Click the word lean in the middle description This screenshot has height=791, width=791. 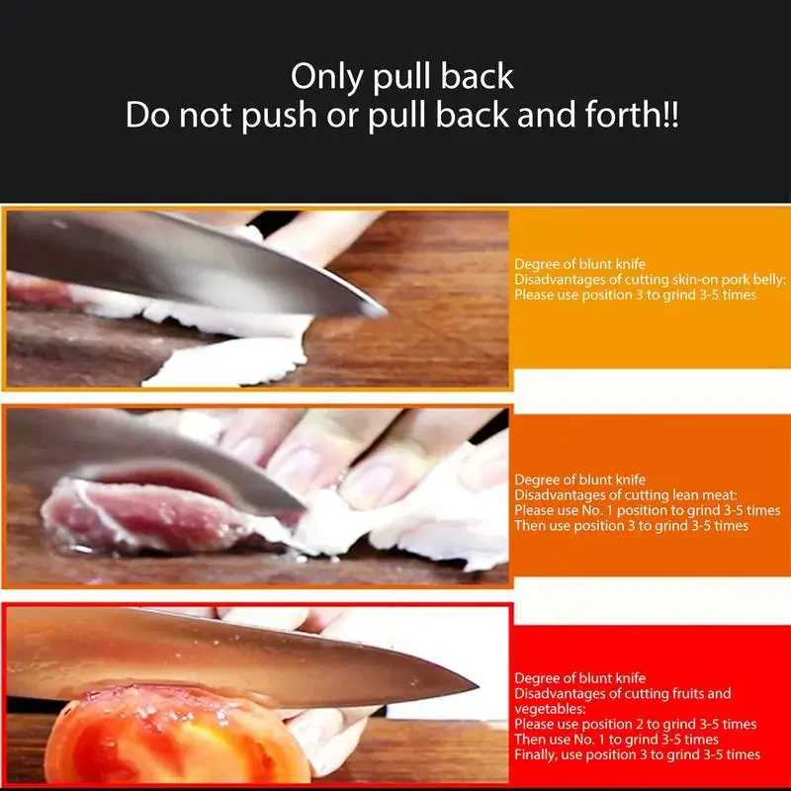coord(663,495)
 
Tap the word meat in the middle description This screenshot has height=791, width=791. coord(698,495)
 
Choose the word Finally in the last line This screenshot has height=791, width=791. coord(535,754)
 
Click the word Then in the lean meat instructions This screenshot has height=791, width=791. coord(530,525)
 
